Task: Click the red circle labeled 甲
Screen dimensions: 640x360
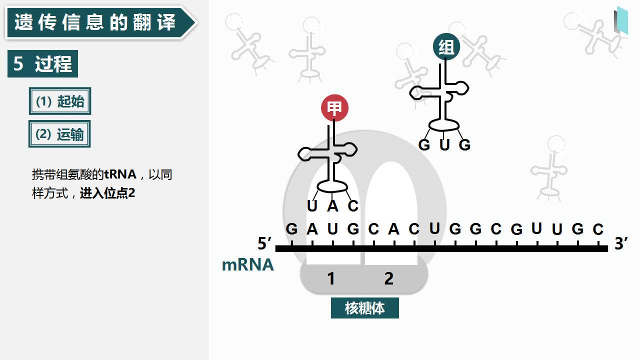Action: pyautogui.click(x=334, y=108)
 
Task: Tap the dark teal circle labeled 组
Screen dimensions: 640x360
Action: pyautogui.click(x=446, y=47)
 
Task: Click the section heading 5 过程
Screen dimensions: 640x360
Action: pyautogui.click(x=42, y=63)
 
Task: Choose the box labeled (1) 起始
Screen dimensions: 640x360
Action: pyautogui.click(x=60, y=101)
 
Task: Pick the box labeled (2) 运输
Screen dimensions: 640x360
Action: pyautogui.click(x=59, y=134)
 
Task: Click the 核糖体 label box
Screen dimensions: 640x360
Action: pyautogui.click(x=365, y=308)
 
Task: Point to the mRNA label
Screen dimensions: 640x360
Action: pyautogui.click(x=247, y=264)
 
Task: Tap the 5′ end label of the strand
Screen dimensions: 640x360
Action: pyautogui.click(x=264, y=243)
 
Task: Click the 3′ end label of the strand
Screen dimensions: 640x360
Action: pyautogui.click(x=621, y=243)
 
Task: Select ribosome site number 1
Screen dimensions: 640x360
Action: pyautogui.click(x=331, y=278)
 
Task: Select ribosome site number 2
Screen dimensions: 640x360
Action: pyautogui.click(x=389, y=278)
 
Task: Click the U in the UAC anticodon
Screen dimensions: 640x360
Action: pyautogui.click(x=312, y=205)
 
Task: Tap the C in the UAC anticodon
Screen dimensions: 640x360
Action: pyautogui.click(x=353, y=205)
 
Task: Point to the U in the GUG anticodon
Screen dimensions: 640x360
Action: pyautogui.click(x=444, y=145)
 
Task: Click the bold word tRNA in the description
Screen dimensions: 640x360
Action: pyautogui.click(x=120, y=174)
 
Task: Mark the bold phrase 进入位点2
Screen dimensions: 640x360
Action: pyautogui.click(x=107, y=193)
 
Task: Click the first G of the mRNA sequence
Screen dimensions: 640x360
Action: pyautogui.click(x=291, y=229)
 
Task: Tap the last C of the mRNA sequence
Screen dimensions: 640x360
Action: pyautogui.click(x=598, y=229)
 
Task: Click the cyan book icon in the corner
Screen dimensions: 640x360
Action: pyautogui.click(x=621, y=20)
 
